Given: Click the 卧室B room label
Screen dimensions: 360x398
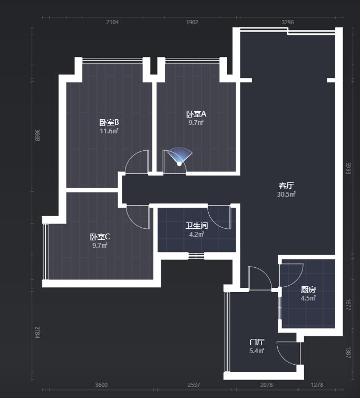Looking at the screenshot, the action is coord(109,122).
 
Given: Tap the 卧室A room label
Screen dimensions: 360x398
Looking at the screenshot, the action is coord(196,114).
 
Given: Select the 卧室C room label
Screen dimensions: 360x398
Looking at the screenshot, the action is coord(100,237).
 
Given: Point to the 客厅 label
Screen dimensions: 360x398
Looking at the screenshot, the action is coord(286,186).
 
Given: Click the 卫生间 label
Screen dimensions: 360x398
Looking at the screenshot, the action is coord(197,226).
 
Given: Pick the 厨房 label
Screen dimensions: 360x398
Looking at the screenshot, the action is coord(308,289).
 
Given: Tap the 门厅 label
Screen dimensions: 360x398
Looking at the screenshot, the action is coord(257,342).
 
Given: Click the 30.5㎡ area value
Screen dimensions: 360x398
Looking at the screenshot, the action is coord(286,194).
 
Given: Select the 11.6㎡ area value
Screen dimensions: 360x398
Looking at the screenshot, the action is coord(109,131).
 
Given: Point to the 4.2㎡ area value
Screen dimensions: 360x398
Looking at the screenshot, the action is coord(197,234).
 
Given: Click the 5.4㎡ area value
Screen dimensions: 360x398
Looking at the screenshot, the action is coord(257,351).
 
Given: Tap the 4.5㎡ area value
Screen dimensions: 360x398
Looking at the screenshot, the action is coord(308,298).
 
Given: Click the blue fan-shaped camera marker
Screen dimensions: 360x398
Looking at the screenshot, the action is coord(180,156).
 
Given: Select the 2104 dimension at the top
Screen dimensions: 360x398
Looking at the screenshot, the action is coord(112,22).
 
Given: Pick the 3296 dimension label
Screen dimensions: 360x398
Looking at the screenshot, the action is coord(288,22).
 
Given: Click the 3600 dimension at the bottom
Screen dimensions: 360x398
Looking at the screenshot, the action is coord(101,385).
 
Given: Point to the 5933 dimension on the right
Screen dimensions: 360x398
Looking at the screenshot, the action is coord(348,168).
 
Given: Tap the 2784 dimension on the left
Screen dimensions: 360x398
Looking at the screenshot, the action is coord(37,333).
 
